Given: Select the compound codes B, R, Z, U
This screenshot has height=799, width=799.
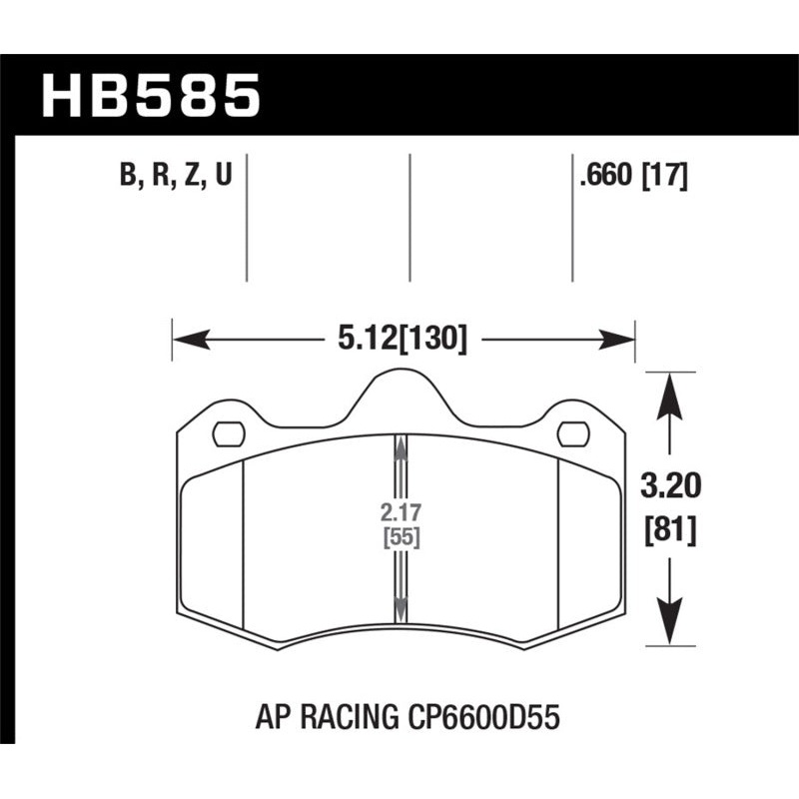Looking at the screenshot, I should [x=176, y=178].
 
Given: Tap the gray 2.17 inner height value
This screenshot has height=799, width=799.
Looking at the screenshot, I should [x=399, y=513].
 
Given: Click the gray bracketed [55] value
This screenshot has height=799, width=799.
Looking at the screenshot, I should [x=399, y=537].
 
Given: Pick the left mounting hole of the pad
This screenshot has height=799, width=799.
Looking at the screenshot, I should [x=229, y=434].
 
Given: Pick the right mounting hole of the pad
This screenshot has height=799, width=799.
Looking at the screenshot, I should [x=573, y=434].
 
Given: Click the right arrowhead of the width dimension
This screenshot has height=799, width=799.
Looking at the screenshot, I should [x=620, y=341].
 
